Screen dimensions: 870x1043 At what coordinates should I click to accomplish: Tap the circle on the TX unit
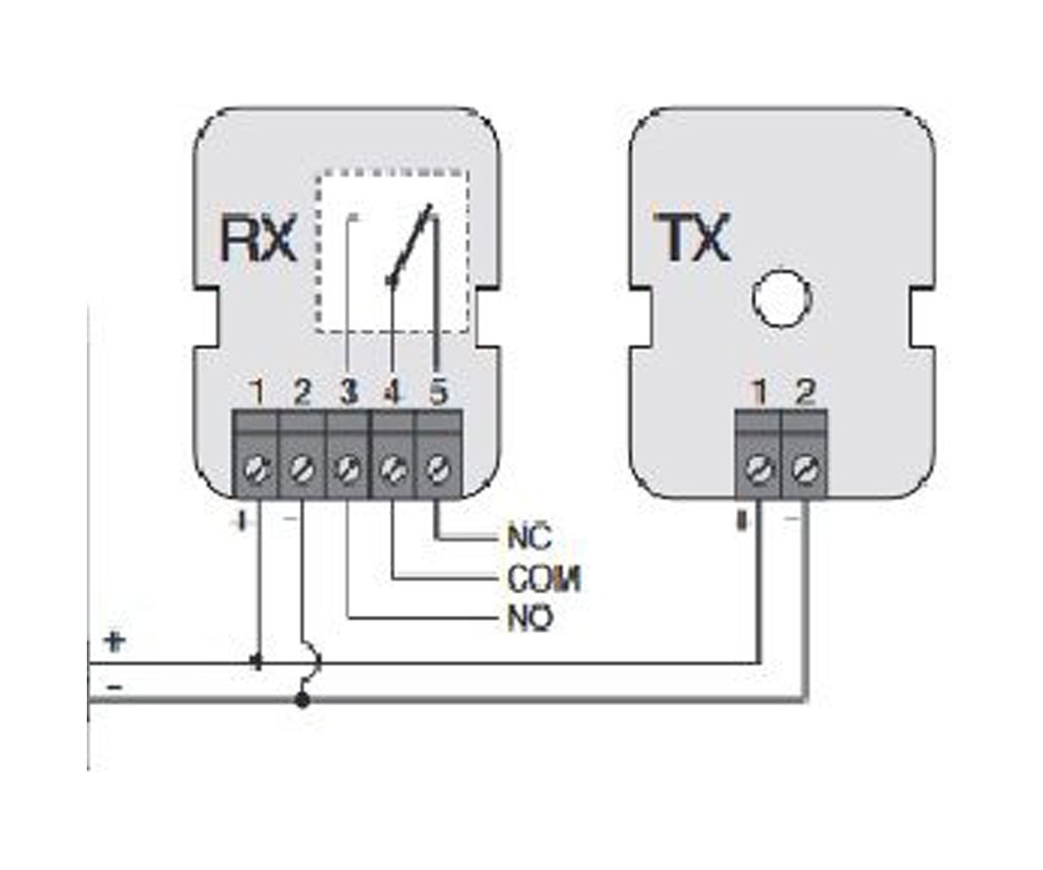[778, 298]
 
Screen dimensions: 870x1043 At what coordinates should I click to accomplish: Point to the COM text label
[544, 578]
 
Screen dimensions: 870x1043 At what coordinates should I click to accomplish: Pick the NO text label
[529, 619]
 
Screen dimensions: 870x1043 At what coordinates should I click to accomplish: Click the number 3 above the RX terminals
[349, 392]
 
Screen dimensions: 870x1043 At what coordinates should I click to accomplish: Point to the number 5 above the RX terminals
[438, 392]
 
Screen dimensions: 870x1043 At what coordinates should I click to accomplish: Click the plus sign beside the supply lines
[115, 640]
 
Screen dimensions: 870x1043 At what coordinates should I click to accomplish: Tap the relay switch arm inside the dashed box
[411, 246]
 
